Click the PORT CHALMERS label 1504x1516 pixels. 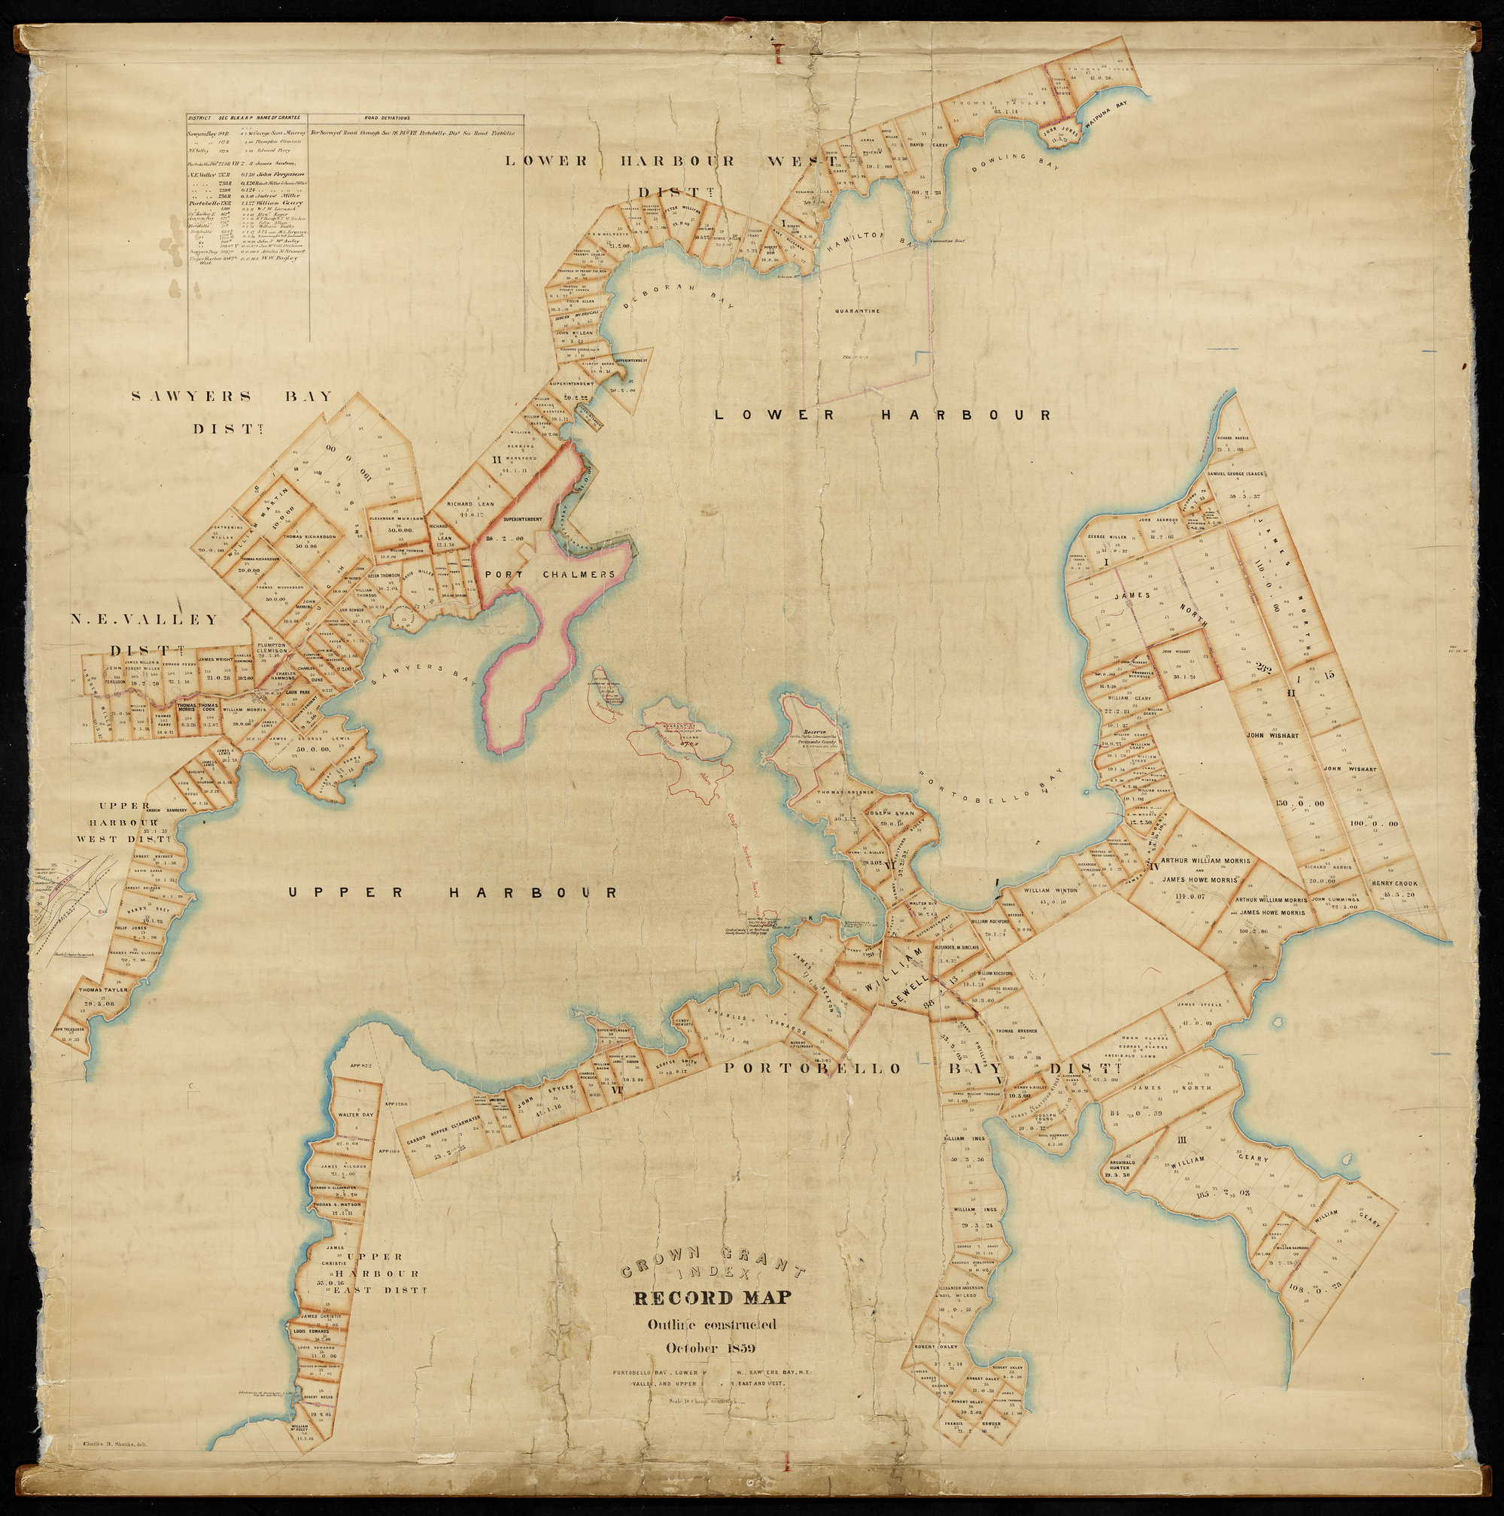[550, 574]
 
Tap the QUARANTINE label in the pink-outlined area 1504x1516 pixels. [857, 311]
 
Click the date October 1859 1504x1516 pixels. [710, 1348]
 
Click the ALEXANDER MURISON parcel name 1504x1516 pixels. [396, 518]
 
